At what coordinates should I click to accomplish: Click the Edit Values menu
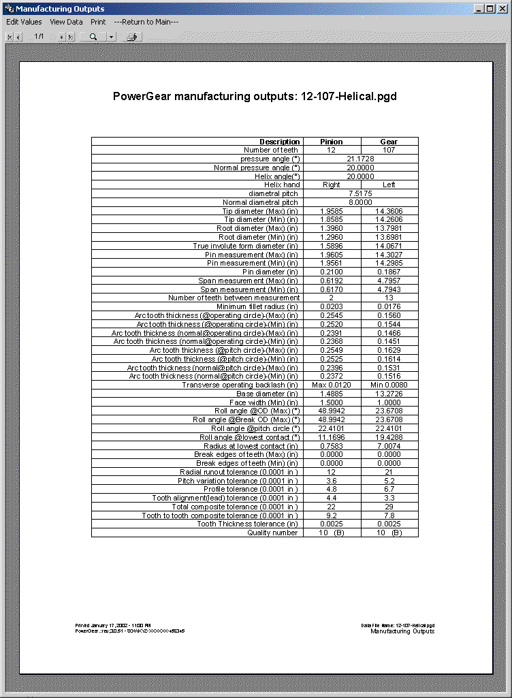24,22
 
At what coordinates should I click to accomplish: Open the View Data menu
66,22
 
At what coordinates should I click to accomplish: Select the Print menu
98,22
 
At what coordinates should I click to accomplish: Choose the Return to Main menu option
146,22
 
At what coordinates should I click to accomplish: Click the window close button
502,9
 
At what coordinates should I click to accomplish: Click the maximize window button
492,9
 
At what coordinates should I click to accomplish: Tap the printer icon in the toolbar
132,36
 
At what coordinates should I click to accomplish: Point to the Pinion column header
332,142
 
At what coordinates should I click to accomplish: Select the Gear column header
389,142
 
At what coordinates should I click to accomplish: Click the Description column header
279,142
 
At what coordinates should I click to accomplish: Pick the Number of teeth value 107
389,150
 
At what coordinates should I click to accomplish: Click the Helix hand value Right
332,185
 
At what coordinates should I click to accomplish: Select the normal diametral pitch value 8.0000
360,202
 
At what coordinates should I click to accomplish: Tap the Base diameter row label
267,394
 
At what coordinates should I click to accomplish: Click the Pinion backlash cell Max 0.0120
332,385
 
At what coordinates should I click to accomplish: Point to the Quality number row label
272,533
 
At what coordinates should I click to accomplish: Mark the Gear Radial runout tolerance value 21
389,472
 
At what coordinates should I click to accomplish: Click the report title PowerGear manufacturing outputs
255,96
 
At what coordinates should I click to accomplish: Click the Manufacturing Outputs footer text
402,631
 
